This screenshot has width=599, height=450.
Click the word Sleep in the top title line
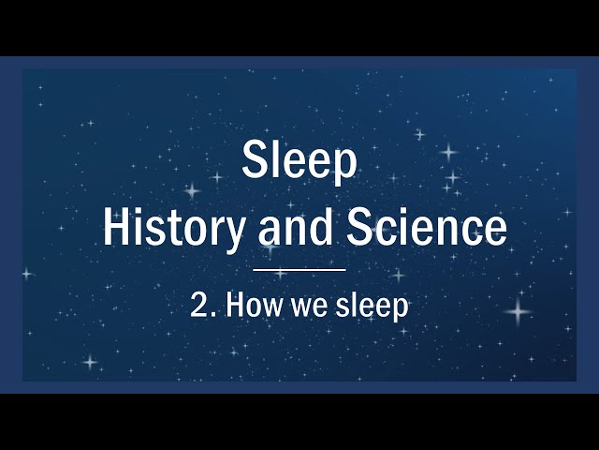click(299, 161)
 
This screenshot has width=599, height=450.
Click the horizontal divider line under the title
click(299, 269)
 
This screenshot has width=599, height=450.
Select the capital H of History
click(116, 228)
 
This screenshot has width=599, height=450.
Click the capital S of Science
click(362, 228)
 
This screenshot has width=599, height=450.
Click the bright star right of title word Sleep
click(448, 152)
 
